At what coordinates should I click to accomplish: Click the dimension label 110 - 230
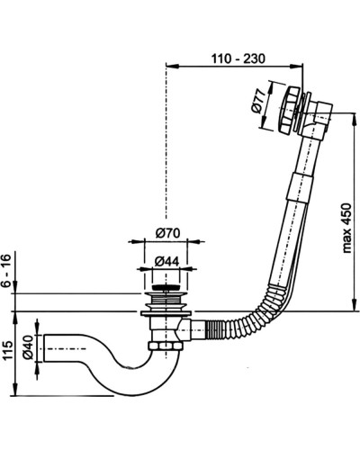click(x=238, y=58)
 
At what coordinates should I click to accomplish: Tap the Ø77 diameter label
click(x=259, y=101)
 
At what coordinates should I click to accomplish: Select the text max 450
click(x=346, y=228)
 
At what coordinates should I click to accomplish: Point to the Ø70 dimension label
click(x=167, y=233)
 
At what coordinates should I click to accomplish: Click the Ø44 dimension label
click(x=166, y=262)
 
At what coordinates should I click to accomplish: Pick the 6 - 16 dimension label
click(x=6, y=270)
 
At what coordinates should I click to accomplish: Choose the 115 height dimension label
click(x=6, y=350)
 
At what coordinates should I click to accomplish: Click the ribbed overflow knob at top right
click(x=287, y=110)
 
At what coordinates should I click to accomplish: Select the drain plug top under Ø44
click(x=166, y=288)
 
